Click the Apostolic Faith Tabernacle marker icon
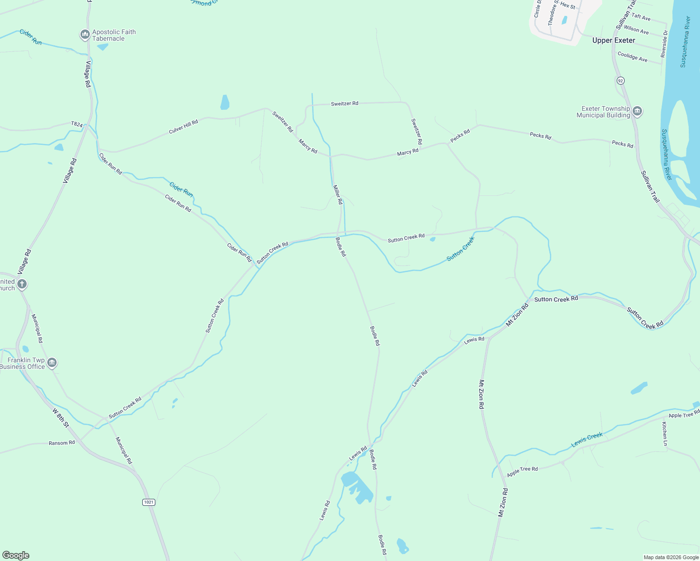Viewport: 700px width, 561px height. tap(85, 35)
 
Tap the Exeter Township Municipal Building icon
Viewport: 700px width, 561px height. tap(637, 111)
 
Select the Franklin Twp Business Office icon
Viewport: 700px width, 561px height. tap(52, 363)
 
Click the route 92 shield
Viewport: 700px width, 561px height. tap(620, 81)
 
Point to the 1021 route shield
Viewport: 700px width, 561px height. tap(148, 502)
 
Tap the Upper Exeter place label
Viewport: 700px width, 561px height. tap(613, 41)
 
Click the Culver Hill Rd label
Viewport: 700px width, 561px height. tap(183, 127)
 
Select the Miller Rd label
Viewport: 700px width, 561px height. tap(338, 194)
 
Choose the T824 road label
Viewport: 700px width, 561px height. tap(77, 124)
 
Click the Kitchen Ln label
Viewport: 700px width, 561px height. tap(664, 433)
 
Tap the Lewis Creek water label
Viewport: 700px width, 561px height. tap(587, 439)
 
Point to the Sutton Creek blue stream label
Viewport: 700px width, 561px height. tap(460, 249)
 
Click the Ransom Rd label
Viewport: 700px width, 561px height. tap(62, 443)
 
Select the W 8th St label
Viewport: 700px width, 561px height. tap(61, 417)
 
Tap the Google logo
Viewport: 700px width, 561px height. tap(16, 555)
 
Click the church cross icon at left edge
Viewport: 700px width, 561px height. tap(22, 284)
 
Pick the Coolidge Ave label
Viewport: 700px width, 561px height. tap(632, 57)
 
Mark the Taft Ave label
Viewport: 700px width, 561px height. tap(641, 17)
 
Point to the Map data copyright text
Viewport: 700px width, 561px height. tap(671, 557)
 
